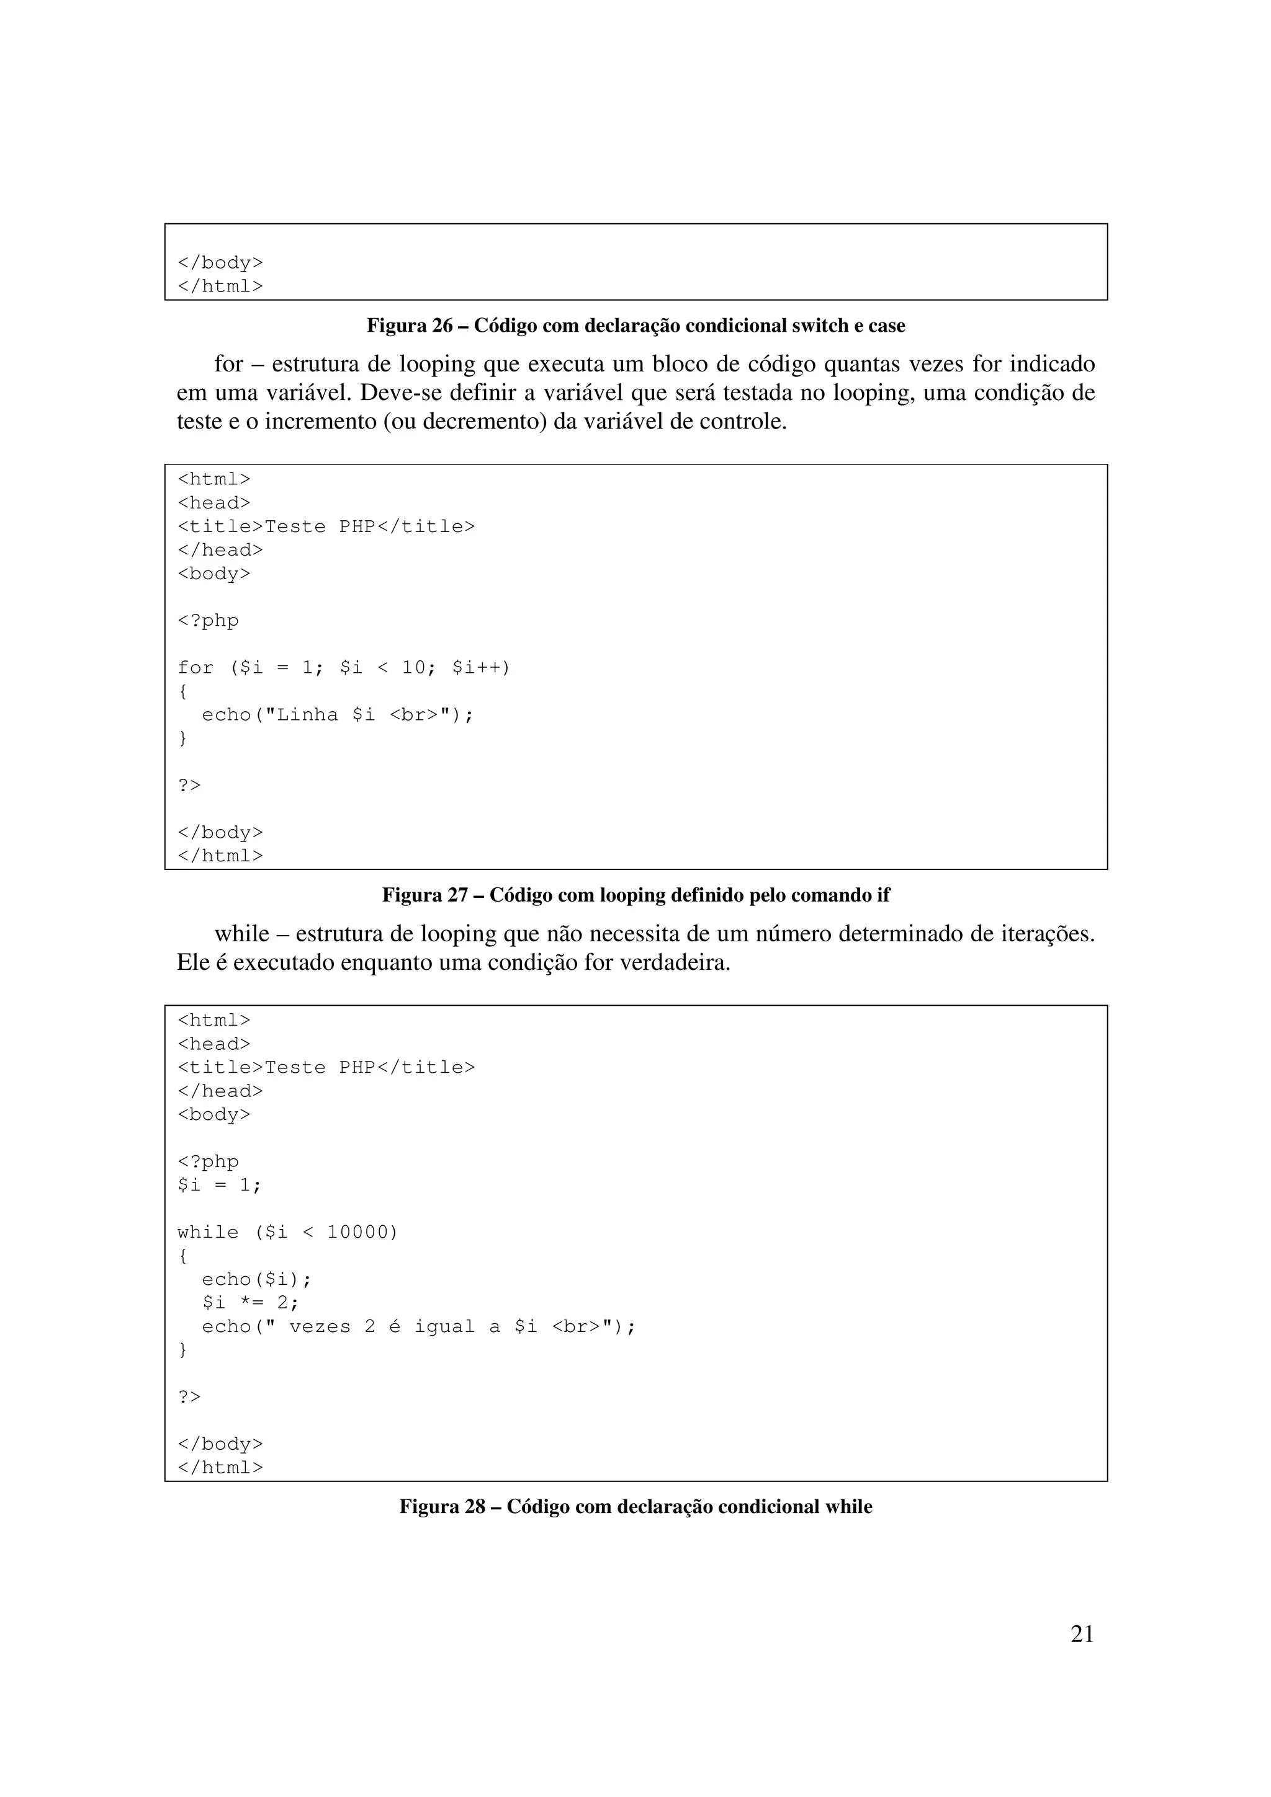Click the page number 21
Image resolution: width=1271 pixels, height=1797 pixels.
click(1082, 1633)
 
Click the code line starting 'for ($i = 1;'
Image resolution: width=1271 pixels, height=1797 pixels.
click(343, 668)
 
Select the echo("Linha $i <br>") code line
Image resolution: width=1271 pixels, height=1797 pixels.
click(338, 714)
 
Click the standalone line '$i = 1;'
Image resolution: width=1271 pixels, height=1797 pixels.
click(219, 1186)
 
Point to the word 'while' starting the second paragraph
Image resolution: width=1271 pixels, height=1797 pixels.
click(242, 934)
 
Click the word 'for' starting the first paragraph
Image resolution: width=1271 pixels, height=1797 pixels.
click(228, 364)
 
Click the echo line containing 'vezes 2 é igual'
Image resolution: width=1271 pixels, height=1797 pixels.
click(418, 1326)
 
